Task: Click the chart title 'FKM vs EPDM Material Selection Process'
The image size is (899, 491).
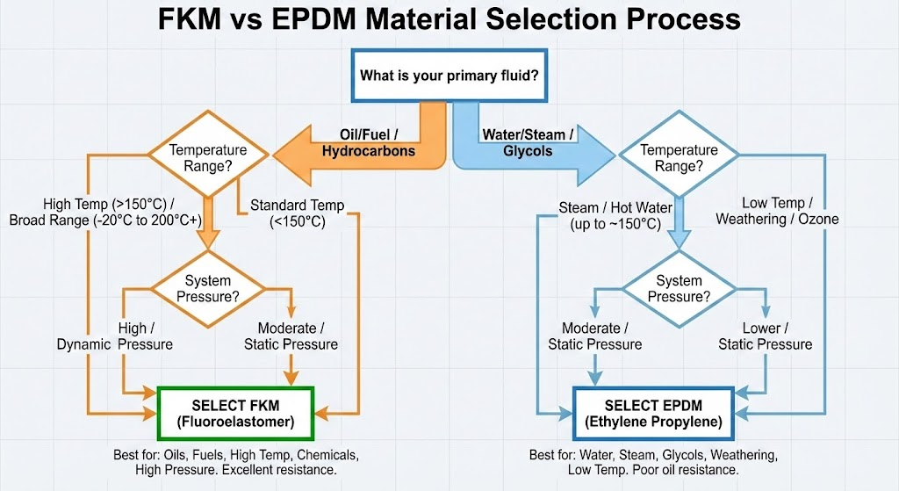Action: [x=449, y=19]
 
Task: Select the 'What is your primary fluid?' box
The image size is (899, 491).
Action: [x=449, y=76]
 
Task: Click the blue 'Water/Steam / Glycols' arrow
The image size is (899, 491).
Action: [x=527, y=144]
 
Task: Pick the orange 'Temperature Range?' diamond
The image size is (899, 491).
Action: [x=208, y=157]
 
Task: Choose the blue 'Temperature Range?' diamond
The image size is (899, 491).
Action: [x=679, y=157]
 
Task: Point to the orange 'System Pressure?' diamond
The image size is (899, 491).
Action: [x=208, y=289]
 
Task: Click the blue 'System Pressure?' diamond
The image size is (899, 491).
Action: [x=679, y=289]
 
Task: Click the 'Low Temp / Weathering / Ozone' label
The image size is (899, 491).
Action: [x=777, y=211]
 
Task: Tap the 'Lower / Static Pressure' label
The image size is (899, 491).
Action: [x=765, y=336]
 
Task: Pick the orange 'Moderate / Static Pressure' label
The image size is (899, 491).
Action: [x=291, y=336]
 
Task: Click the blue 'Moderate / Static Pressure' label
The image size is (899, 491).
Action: [x=595, y=336]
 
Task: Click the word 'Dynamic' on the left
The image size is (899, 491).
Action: [x=84, y=344]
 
